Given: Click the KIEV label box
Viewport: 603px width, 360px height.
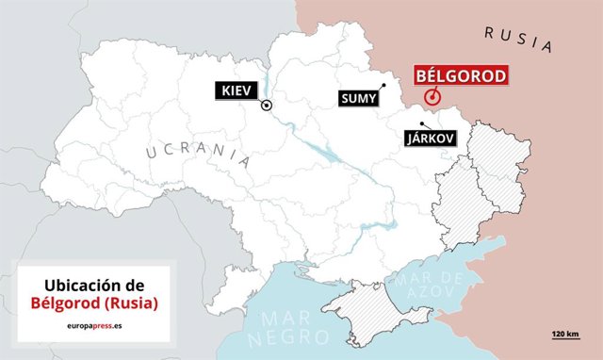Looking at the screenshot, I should (x=233, y=90).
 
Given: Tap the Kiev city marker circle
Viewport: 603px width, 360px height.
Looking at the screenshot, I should (x=268, y=106).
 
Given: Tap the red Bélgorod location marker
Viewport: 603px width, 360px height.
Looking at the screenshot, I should (x=432, y=96).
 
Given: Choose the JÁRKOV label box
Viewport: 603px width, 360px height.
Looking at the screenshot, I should (x=430, y=138).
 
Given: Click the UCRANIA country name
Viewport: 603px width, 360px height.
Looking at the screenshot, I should (x=198, y=155).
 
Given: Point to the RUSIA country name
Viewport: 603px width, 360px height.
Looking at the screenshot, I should (x=517, y=38).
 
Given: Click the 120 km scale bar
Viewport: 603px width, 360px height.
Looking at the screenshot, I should (x=565, y=341).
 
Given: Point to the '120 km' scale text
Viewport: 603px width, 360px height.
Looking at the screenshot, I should (x=565, y=335).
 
